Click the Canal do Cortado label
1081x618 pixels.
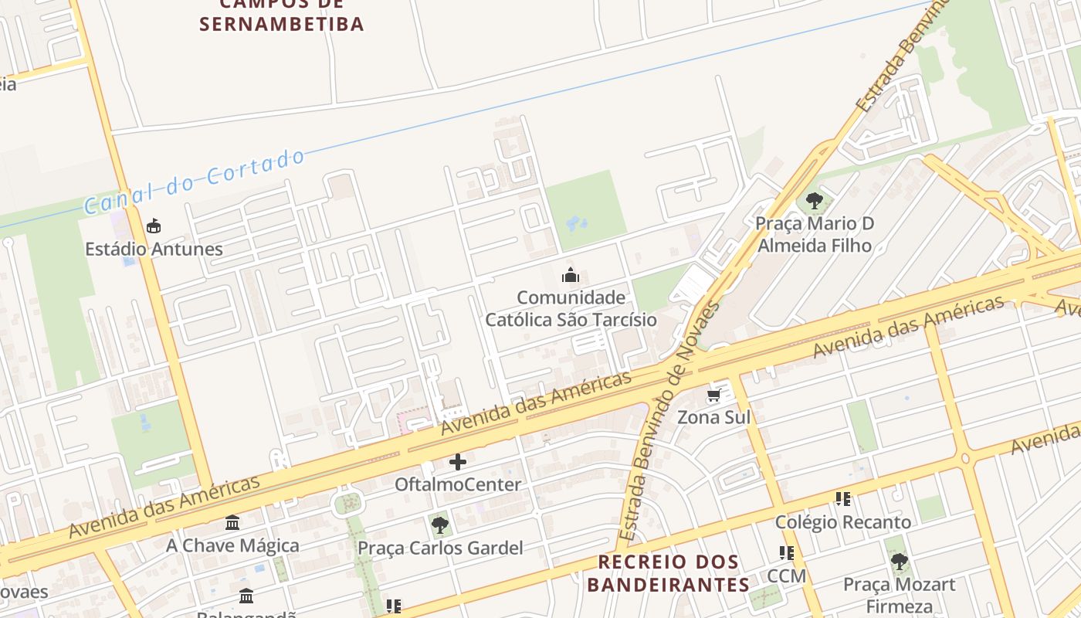[195, 182]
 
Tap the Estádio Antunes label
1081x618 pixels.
[154, 249]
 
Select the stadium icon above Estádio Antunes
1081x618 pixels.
[154, 226]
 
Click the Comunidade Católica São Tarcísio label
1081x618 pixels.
[571, 308]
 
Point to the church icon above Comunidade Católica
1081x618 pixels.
[571, 275]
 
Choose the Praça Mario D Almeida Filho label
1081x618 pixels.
[815, 235]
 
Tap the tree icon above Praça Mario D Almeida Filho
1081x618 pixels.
[814, 202]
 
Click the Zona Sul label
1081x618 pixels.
[713, 417]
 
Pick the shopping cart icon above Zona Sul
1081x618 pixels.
[713, 396]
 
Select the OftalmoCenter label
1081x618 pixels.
[458, 484]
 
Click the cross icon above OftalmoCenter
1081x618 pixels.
[458, 463]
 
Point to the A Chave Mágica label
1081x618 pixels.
[232, 545]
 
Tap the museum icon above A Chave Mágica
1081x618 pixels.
[232, 523]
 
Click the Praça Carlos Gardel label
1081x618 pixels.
[440, 548]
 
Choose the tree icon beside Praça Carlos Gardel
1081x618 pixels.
[440, 526]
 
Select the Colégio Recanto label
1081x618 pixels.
[843, 521]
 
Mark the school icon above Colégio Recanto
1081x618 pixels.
[843, 499]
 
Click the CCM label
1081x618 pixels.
[786, 576]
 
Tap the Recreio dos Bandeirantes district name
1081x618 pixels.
[668, 572]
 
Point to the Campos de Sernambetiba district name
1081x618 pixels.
[282, 15]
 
